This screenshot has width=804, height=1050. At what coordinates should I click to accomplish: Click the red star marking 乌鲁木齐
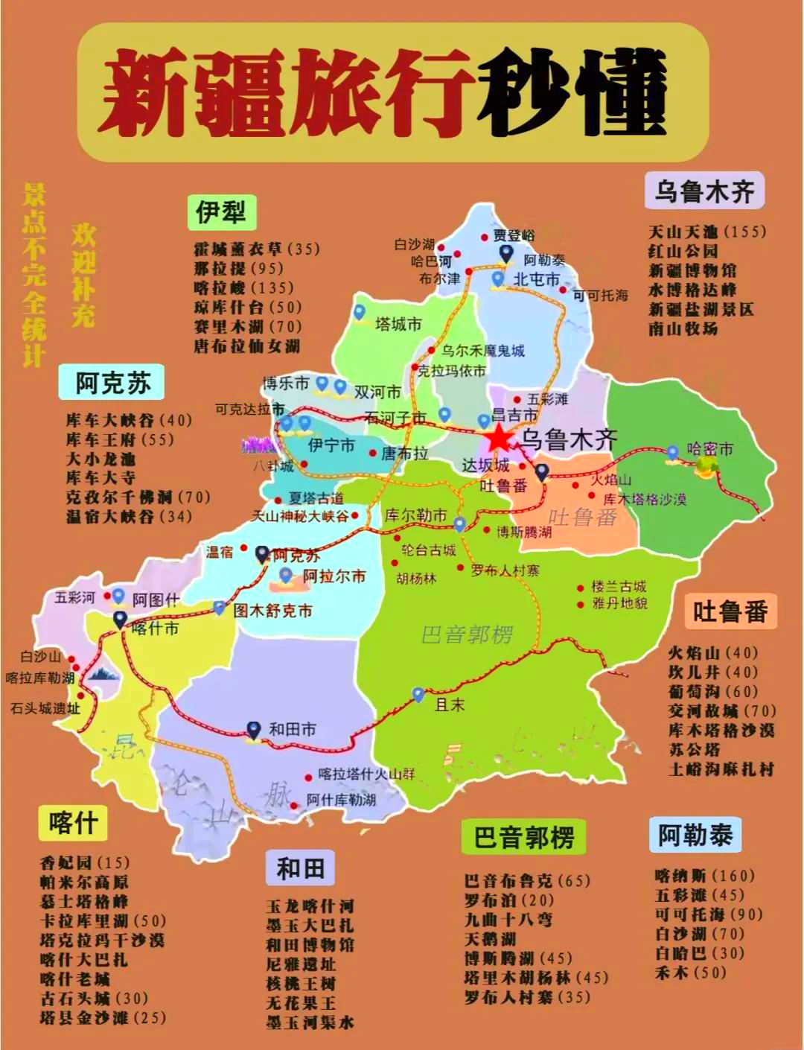tap(499, 439)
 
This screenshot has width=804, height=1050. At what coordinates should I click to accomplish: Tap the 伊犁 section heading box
tap(221, 213)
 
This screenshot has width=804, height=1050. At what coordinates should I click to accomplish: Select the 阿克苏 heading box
tap(112, 383)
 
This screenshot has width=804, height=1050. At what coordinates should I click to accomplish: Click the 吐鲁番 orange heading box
tap(730, 612)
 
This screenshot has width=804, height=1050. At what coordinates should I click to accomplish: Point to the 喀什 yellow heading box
tap(73, 823)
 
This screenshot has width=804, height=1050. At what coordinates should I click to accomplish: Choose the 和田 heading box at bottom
tap(300, 868)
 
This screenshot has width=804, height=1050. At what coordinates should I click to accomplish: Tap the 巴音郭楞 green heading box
tap(523, 838)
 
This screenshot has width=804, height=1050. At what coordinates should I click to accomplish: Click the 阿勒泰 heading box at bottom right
tap(695, 835)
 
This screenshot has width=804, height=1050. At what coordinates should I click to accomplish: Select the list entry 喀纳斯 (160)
tap(704, 876)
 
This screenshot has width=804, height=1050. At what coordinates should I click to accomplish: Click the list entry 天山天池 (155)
tap(706, 232)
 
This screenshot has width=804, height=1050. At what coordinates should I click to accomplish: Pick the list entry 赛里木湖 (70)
tap(248, 326)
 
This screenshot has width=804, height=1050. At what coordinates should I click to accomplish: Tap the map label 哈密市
tap(709, 449)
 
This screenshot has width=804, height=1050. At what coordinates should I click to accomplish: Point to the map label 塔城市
tap(398, 325)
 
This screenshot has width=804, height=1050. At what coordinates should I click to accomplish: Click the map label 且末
tap(450, 704)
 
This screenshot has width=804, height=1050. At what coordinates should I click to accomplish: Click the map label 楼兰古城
tap(619, 586)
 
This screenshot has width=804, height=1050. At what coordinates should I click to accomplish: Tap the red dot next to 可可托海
tap(564, 290)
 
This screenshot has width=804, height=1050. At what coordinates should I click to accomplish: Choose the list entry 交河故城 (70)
tap(721, 711)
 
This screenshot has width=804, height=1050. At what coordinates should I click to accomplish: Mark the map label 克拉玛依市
tap(451, 371)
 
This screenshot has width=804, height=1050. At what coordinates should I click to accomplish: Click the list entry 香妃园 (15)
tap(84, 863)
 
